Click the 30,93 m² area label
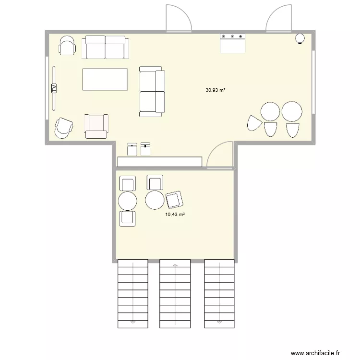[216, 90]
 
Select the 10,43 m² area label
[175, 215]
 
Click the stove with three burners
[233, 42]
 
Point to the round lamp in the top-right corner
[300, 39]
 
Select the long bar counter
[159, 162]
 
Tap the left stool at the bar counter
[132, 149]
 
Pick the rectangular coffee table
[105, 79]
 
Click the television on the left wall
[54, 88]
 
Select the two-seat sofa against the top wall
[105, 47]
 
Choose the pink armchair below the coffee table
[96, 126]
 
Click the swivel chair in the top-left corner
[67, 46]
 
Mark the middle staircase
[175, 294]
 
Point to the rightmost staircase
[219, 294]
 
